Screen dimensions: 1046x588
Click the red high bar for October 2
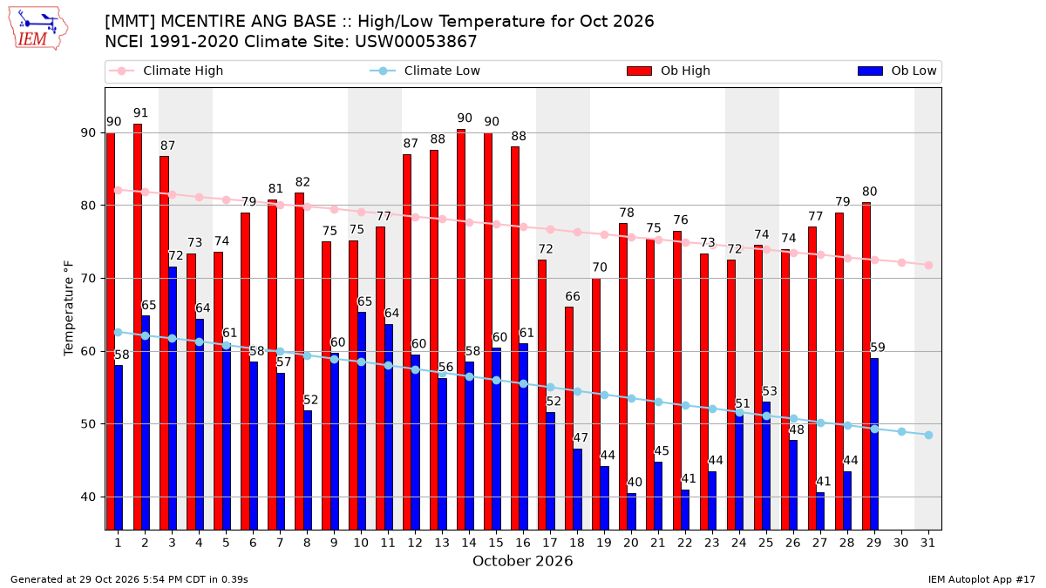(x=138, y=327)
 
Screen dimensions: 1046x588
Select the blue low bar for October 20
(x=631, y=511)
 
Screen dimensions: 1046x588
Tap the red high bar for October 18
(x=569, y=418)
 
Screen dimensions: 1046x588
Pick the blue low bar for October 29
(x=874, y=443)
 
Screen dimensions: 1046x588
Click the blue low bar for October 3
(x=173, y=398)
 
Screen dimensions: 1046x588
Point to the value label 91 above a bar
(x=140, y=113)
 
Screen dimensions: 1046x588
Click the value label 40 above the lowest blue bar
(x=635, y=482)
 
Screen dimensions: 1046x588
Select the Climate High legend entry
(x=166, y=71)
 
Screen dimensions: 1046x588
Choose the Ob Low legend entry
(x=897, y=71)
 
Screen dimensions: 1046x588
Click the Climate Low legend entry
(x=425, y=71)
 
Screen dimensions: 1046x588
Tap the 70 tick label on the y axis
(x=88, y=279)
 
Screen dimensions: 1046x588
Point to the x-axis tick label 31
(x=927, y=544)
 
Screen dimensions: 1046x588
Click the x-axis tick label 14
(x=469, y=544)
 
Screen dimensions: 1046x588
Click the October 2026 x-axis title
(x=522, y=561)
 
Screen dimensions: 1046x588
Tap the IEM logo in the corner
(x=38, y=29)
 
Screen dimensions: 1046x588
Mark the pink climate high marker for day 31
(x=928, y=266)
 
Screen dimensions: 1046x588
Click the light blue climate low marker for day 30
(x=901, y=432)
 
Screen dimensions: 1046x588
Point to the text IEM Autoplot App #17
(x=981, y=579)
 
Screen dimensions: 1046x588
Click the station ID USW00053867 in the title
(x=416, y=42)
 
